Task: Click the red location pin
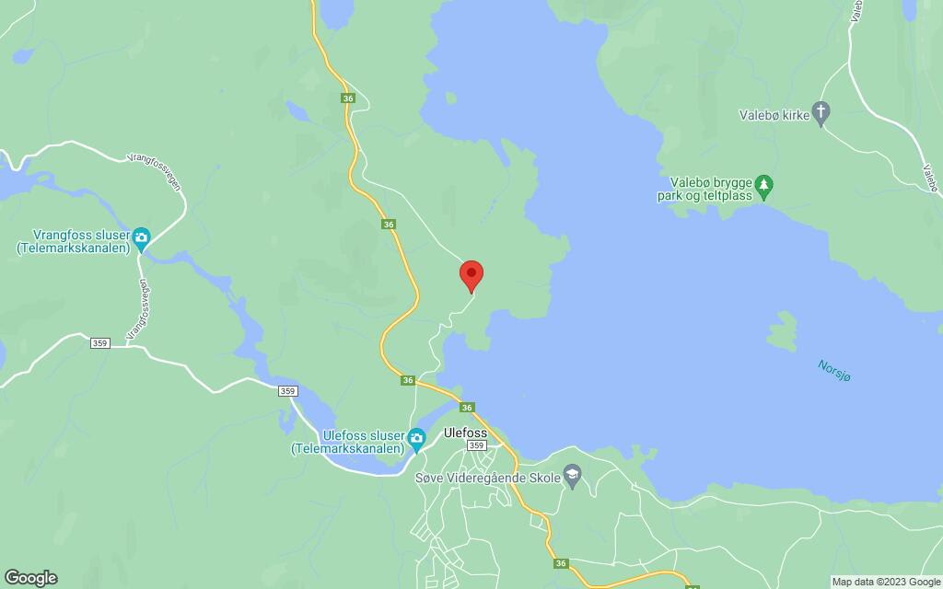point(471,274)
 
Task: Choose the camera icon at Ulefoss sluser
point(417,436)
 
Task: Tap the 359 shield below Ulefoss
point(476,445)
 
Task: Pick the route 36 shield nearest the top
point(346,98)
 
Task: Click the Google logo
point(30,577)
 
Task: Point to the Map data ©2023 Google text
point(885,582)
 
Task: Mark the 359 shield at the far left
point(101,343)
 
